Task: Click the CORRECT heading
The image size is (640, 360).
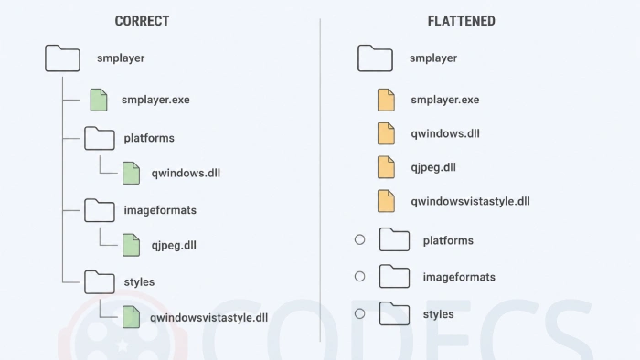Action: click(x=142, y=21)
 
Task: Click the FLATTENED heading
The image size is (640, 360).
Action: click(x=461, y=21)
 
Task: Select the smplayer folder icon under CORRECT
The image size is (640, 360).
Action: click(x=62, y=58)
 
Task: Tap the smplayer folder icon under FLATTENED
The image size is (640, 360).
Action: click(x=375, y=58)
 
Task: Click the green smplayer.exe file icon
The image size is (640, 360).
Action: click(x=99, y=100)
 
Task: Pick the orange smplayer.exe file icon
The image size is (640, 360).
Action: click(x=386, y=100)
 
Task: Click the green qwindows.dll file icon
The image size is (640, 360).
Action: click(x=131, y=174)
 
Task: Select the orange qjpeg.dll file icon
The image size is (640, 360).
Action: click(x=386, y=167)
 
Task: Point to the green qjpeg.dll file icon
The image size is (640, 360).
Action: click(x=131, y=245)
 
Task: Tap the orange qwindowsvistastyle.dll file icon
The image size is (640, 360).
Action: click(x=386, y=201)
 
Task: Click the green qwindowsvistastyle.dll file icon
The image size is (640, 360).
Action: click(x=131, y=317)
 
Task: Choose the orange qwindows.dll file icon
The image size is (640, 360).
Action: click(x=386, y=133)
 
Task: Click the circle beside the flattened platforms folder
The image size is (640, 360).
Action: click(x=359, y=239)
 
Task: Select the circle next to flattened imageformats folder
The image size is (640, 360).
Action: click(x=359, y=277)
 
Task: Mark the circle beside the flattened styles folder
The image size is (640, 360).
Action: click(x=359, y=313)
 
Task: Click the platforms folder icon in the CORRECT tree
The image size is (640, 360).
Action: click(x=100, y=139)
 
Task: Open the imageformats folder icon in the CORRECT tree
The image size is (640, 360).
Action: click(x=100, y=210)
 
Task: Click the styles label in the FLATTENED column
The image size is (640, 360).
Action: click(x=438, y=314)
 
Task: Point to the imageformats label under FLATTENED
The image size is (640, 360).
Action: click(x=459, y=277)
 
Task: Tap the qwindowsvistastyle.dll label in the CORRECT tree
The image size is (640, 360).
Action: click(x=209, y=318)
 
